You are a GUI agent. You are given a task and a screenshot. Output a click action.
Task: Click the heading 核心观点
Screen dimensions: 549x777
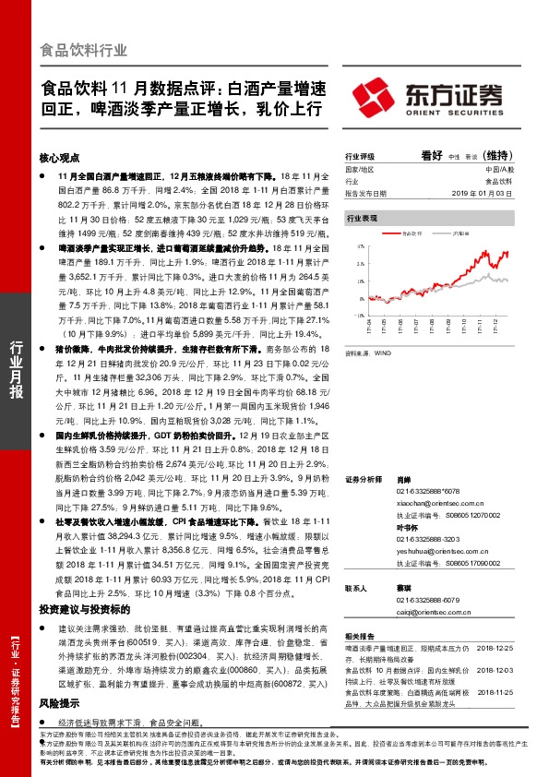point(60,158)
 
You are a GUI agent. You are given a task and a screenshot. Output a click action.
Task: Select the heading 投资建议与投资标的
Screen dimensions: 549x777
point(84,611)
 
